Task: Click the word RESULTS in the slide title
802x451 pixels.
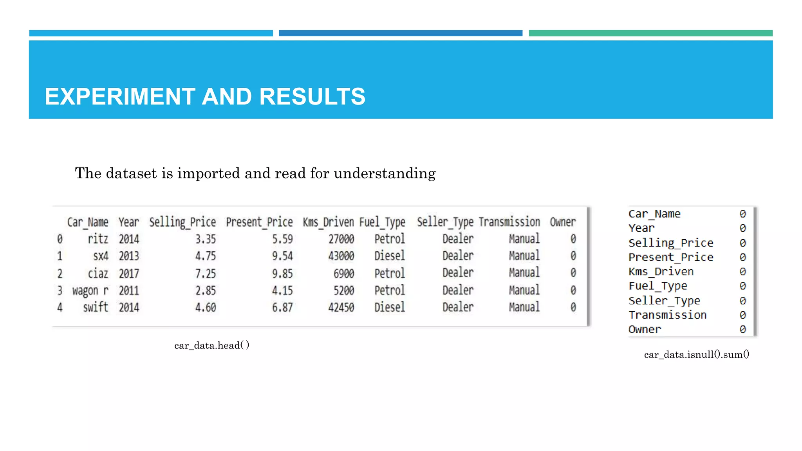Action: (x=312, y=96)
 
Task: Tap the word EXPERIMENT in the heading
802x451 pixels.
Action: (x=120, y=96)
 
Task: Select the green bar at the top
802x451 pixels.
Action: (x=650, y=33)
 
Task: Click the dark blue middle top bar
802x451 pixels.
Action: (x=400, y=33)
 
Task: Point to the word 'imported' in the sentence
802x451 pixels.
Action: (x=209, y=173)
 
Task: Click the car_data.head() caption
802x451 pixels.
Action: (x=212, y=345)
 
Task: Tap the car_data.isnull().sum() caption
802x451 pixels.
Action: (x=697, y=355)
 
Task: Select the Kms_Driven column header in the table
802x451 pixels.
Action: (x=328, y=222)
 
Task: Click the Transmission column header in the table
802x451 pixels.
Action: (x=509, y=222)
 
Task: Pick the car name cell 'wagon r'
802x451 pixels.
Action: (x=90, y=290)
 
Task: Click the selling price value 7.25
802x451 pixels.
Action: (x=206, y=273)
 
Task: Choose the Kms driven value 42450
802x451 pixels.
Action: (x=341, y=307)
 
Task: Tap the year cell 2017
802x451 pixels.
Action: (x=129, y=273)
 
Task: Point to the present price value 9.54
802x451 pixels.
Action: (x=282, y=256)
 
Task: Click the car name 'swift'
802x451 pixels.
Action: (x=96, y=307)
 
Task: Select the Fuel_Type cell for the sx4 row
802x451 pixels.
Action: (x=389, y=256)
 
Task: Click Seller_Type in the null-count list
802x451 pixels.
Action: (x=664, y=301)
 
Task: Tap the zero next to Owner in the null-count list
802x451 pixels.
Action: (x=742, y=330)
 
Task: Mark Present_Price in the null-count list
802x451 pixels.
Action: (x=671, y=257)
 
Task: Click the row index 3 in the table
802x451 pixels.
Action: (x=60, y=290)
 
